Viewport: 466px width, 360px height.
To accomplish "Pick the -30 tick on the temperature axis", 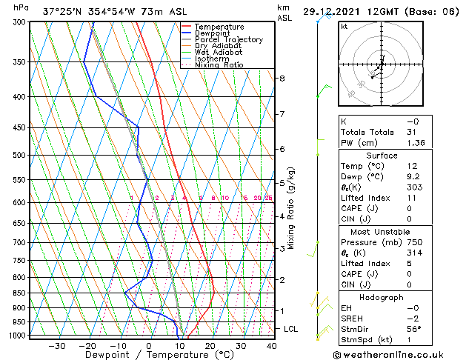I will [x=56, y=346].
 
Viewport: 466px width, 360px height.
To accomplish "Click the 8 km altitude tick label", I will [x=282, y=79].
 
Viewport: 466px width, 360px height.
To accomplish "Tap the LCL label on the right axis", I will [x=291, y=328].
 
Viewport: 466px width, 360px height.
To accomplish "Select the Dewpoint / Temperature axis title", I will [x=149, y=355].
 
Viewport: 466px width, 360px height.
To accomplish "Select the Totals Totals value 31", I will [x=412, y=132].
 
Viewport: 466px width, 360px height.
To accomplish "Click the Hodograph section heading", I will [x=382, y=297].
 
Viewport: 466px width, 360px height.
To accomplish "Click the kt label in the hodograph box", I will [x=344, y=26].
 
